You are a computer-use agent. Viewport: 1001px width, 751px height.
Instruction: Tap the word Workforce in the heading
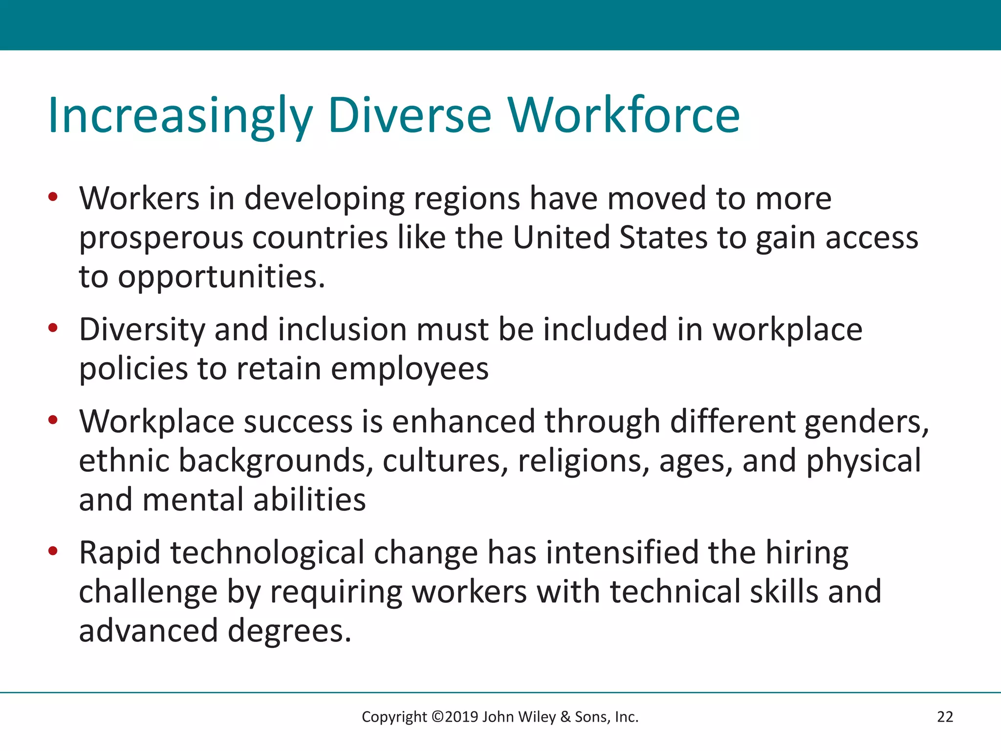click(x=624, y=116)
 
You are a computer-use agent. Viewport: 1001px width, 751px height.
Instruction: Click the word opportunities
click(x=221, y=277)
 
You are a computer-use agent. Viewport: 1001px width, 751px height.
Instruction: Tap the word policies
click(x=133, y=369)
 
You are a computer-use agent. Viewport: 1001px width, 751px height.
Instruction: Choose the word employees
click(x=410, y=370)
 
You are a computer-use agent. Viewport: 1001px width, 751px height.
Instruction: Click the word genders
click(x=866, y=422)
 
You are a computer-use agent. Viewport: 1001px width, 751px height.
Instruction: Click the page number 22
click(x=945, y=717)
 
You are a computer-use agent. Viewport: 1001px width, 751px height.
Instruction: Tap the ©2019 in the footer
click(x=455, y=717)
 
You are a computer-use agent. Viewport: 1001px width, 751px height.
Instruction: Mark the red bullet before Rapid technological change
click(x=53, y=551)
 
